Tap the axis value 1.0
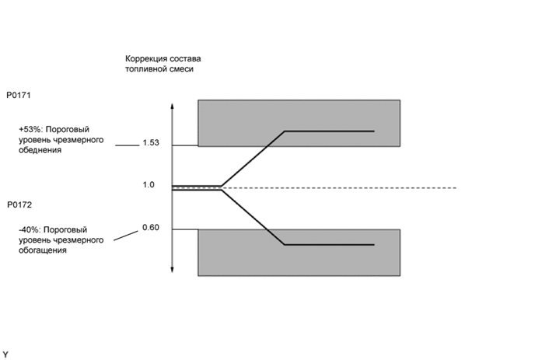point(149,184)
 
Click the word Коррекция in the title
point(147,59)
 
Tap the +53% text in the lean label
point(30,130)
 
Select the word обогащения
point(42,250)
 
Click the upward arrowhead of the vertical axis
point(172,105)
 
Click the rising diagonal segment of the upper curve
point(254,159)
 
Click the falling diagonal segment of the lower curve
point(254,217)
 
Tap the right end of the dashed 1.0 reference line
point(454,188)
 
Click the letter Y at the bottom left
point(5,354)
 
